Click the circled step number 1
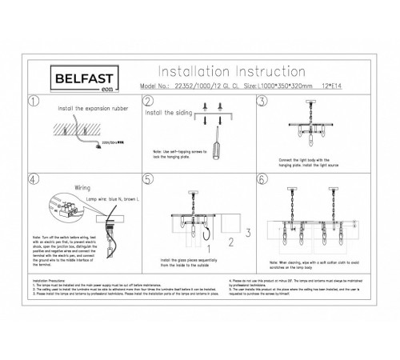(34, 102)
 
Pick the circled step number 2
(147, 102)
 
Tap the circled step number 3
(262, 102)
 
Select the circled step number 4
(33, 180)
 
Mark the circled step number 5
(147, 180)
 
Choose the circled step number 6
(262, 180)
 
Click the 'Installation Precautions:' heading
(51, 282)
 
